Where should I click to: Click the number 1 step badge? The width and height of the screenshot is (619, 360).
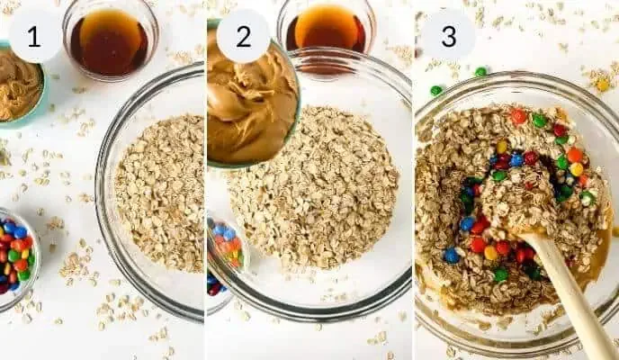tap(35, 36)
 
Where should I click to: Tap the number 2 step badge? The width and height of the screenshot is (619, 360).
tap(243, 36)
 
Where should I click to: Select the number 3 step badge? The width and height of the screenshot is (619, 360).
tap(448, 36)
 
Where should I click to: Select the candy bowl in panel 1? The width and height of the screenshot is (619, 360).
tap(15, 256)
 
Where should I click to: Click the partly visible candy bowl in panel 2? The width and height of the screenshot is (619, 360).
tap(225, 256)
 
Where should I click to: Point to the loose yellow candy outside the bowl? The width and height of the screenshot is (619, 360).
tap(603, 85)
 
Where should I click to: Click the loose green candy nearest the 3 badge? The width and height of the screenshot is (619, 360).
tap(481, 71)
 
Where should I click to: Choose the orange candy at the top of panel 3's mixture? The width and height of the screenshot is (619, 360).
tap(518, 116)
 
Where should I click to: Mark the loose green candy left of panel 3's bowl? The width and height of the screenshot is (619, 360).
tap(436, 91)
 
